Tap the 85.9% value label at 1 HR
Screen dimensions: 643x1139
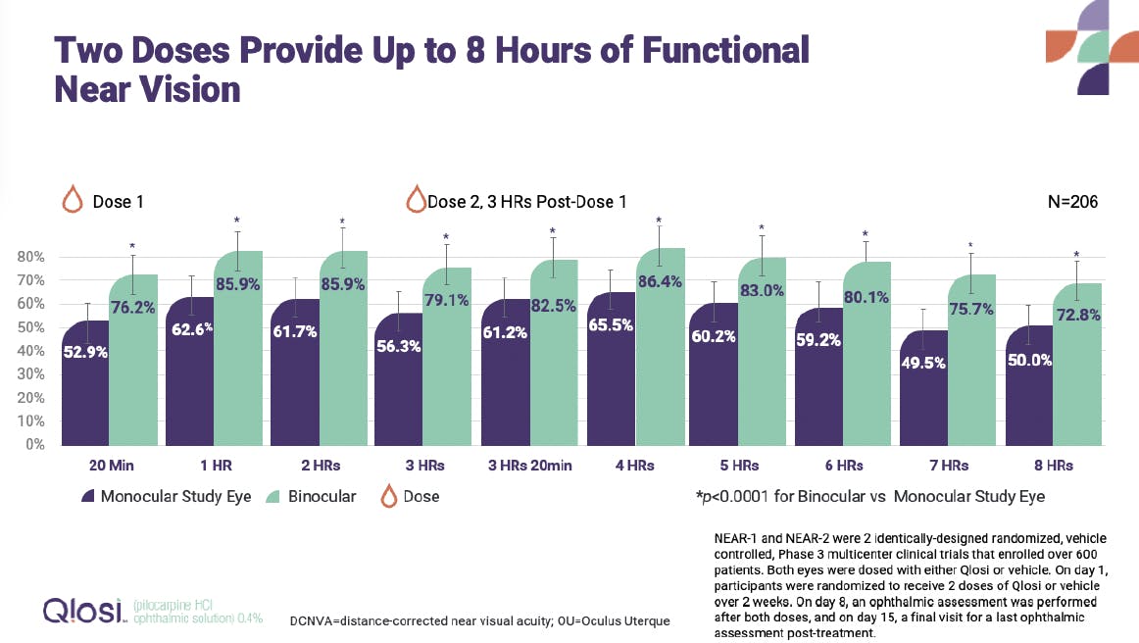(234, 285)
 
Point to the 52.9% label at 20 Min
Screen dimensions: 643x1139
(86, 352)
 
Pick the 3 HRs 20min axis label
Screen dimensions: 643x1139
(521, 464)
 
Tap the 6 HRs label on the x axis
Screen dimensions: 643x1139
(842, 464)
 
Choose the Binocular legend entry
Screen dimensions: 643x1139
(319, 496)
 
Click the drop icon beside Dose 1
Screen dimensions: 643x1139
(72, 200)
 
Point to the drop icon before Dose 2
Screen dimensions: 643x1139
(416, 200)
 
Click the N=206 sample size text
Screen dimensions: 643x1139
(1072, 202)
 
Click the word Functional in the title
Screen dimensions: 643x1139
(725, 50)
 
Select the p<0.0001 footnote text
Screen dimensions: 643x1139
(869, 496)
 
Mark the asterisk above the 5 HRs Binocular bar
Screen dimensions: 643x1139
(761, 228)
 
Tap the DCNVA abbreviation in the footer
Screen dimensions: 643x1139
(314, 621)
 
